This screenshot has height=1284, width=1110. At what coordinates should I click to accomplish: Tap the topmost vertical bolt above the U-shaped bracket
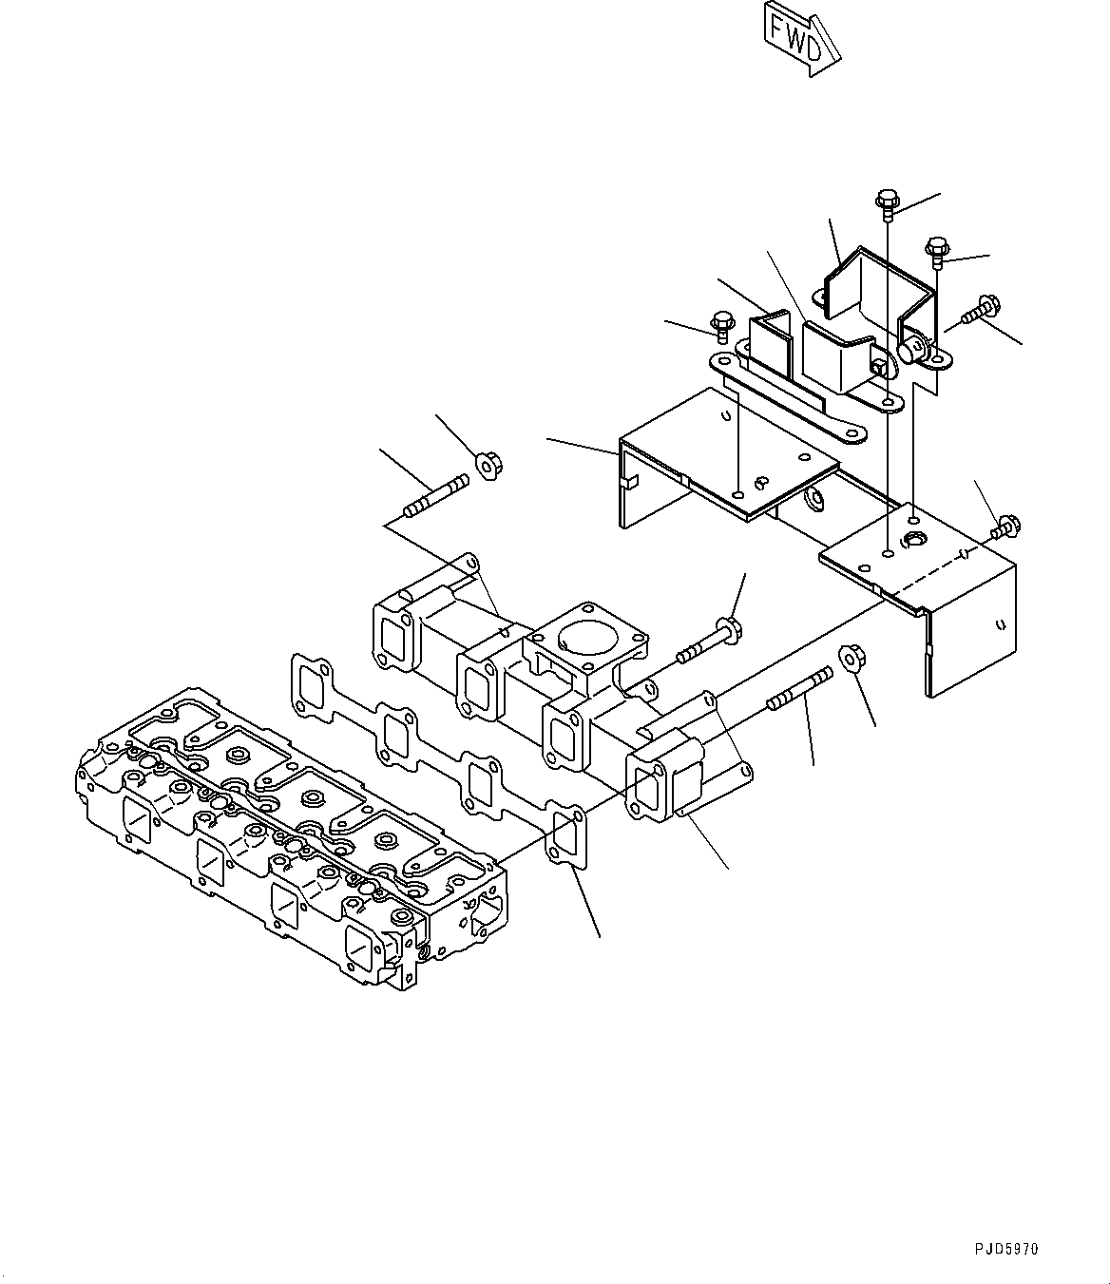click(886, 202)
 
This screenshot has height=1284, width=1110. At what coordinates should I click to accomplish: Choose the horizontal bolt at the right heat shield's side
click(1005, 525)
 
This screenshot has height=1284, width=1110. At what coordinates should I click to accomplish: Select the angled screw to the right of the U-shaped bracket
click(979, 311)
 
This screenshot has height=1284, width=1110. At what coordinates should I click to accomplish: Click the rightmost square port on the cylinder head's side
click(367, 942)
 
